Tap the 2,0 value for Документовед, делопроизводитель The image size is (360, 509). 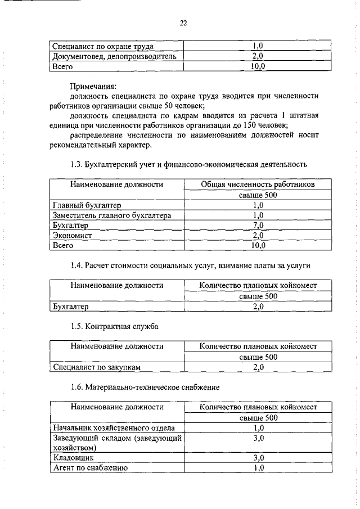(x=258, y=56)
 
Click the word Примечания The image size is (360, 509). (x=93, y=86)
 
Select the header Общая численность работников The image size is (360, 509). (x=258, y=184)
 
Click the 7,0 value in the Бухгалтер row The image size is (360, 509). (x=258, y=226)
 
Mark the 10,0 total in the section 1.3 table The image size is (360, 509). (x=258, y=246)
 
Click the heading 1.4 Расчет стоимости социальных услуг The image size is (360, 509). (x=190, y=265)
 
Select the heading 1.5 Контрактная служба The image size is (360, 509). (x=114, y=326)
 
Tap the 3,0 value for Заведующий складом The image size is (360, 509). (x=258, y=438)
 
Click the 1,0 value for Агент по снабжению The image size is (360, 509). (x=258, y=468)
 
